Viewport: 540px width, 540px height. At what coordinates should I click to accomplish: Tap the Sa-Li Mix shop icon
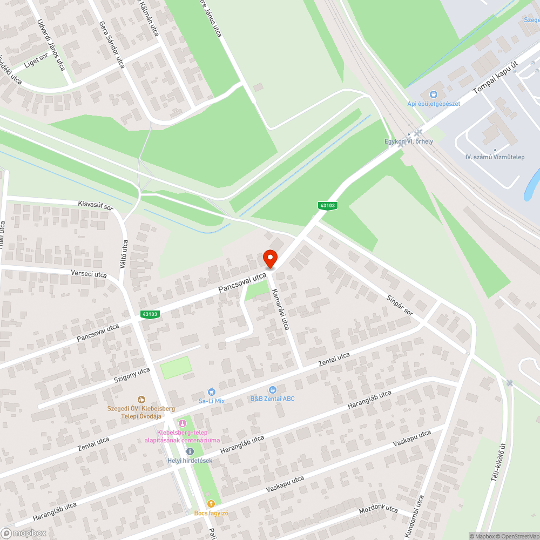(211, 391)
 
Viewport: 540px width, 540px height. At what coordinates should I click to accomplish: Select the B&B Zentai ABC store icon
(273, 389)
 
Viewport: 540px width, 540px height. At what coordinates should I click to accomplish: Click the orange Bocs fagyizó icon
(211, 503)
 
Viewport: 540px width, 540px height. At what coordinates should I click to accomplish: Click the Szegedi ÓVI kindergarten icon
(141, 400)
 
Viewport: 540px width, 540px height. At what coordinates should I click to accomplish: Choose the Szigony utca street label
(132, 374)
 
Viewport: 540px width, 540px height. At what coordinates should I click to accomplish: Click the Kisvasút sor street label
(96, 206)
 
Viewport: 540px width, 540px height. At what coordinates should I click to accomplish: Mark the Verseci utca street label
(89, 274)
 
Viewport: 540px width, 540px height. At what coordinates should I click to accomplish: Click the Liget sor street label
(36, 64)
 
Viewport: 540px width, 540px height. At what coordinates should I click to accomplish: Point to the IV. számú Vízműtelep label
(495, 157)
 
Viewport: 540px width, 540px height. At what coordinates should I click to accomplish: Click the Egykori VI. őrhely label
(408, 141)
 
